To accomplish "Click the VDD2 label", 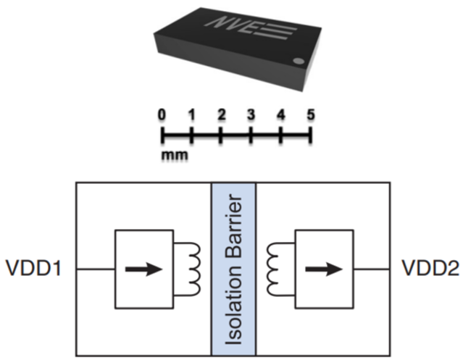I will pos(430,269).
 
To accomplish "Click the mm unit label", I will pos(172,154).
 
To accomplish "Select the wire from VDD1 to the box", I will pos(94,269).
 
